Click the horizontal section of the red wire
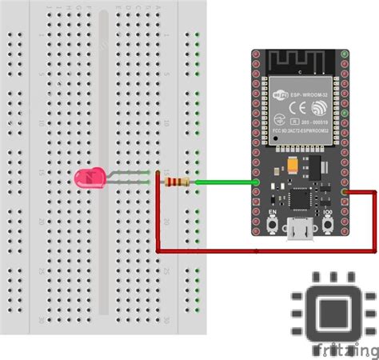(x=264, y=252)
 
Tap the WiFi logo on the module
(x=281, y=96)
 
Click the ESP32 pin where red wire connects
(x=344, y=192)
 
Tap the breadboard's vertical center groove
(x=103, y=160)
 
